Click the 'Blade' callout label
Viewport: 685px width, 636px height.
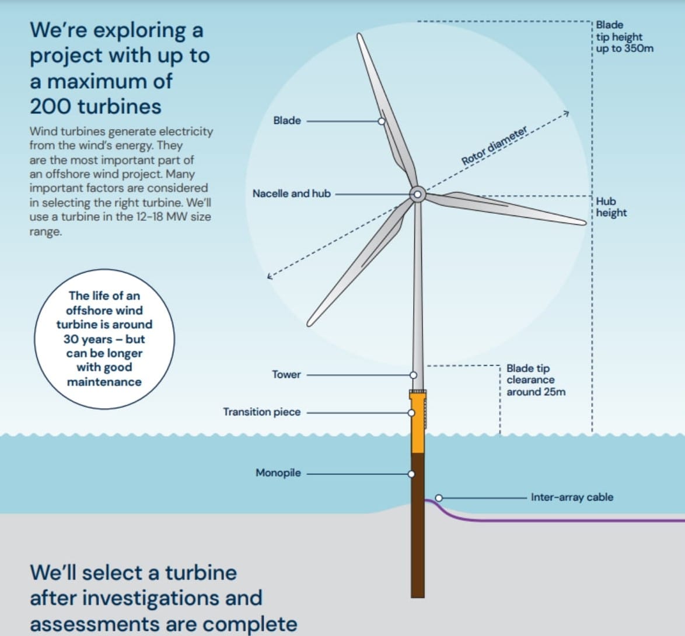pyautogui.click(x=287, y=121)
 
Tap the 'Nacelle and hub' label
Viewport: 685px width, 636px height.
pyautogui.click(x=291, y=193)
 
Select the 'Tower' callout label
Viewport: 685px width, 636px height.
pyautogui.click(x=286, y=374)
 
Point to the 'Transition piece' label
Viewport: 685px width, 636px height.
pyautogui.click(x=261, y=412)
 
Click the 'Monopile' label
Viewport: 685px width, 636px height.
pyautogui.click(x=278, y=472)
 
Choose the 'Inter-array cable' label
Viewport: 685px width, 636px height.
pyautogui.click(x=572, y=498)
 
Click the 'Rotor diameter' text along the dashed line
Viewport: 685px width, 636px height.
pyautogui.click(x=494, y=145)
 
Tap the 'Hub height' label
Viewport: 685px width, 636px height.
pyautogui.click(x=611, y=207)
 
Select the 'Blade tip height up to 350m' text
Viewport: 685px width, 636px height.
pyautogui.click(x=624, y=37)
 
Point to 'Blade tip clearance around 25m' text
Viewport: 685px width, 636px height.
pyautogui.click(x=536, y=380)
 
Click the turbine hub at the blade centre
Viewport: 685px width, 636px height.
pyautogui.click(x=417, y=194)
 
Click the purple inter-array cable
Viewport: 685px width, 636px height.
pyautogui.click(x=554, y=520)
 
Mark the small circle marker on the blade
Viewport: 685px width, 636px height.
pyautogui.click(x=381, y=121)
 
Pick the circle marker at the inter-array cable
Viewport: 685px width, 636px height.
pyautogui.click(x=439, y=498)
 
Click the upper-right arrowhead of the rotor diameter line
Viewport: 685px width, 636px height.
pyautogui.click(x=565, y=113)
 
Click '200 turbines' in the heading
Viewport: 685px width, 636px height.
pyautogui.click(x=96, y=106)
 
